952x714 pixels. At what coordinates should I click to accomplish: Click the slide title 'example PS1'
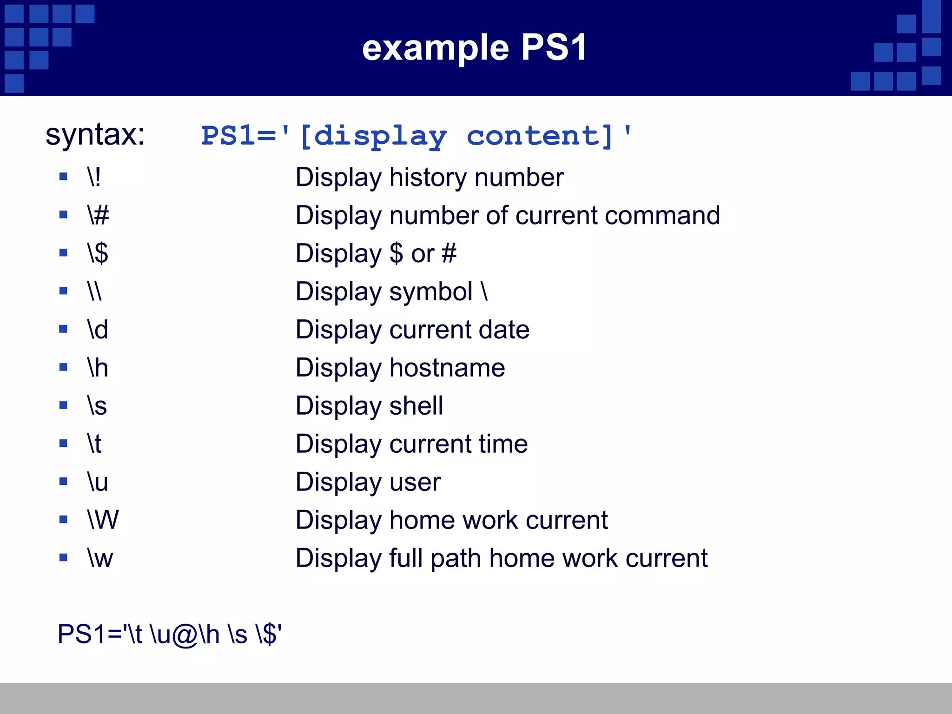tap(475, 48)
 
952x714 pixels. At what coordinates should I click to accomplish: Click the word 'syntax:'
tap(95, 135)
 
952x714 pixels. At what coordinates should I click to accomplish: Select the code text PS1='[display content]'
tap(416, 136)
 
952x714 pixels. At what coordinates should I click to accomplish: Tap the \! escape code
tap(94, 177)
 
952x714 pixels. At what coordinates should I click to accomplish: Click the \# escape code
tap(98, 215)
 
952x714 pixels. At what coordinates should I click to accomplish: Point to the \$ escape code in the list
tap(98, 253)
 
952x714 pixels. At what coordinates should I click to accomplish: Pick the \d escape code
tap(98, 330)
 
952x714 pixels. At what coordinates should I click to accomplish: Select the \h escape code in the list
tap(98, 368)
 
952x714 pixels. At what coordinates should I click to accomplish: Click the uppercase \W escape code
tap(103, 520)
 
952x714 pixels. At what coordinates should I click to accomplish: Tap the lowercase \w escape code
tap(100, 558)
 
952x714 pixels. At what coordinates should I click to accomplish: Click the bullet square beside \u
tap(64, 482)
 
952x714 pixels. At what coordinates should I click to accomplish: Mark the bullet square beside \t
tap(64, 443)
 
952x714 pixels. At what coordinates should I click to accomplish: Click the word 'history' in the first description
tap(428, 177)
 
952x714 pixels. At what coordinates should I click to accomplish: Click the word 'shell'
tap(416, 406)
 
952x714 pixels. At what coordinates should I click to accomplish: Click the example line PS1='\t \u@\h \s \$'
tap(170, 634)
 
